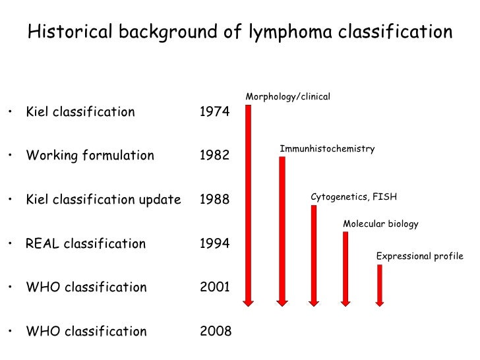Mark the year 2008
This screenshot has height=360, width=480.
pyautogui.click(x=216, y=332)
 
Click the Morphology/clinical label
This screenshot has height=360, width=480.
pyautogui.click(x=287, y=98)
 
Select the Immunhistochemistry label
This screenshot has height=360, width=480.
pyautogui.click(x=327, y=149)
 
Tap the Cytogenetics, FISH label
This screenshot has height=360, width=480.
pyautogui.click(x=354, y=197)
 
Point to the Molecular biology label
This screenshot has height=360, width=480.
pyautogui.click(x=380, y=224)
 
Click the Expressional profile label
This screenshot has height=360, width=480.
pyautogui.click(x=419, y=256)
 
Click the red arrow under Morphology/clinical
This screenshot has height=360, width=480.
pyautogui.click(x=249, y=204)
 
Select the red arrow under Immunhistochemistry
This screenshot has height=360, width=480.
pyautogui.click(x=282, y=231)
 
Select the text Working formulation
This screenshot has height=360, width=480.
pyautogui.click(x=90, y=156)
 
